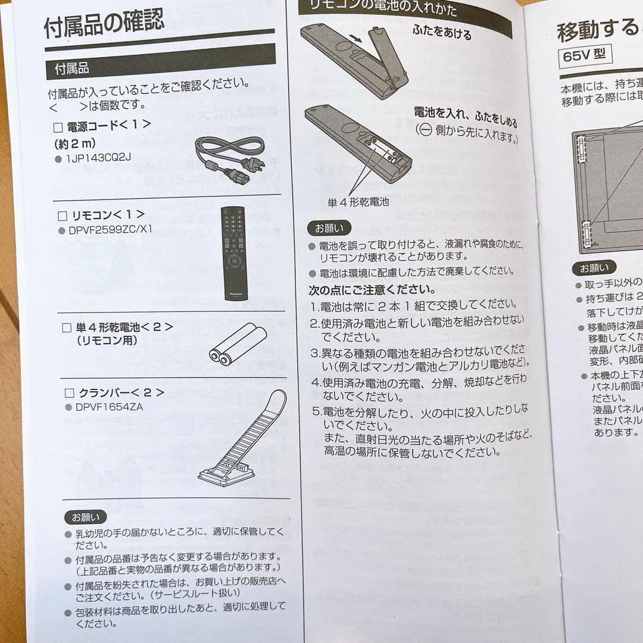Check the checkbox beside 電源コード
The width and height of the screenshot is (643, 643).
(58, 127)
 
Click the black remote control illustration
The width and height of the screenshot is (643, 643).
(233, 252)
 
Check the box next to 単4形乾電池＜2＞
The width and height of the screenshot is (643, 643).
(67, 327)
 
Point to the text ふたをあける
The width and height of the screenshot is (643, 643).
(441, 32)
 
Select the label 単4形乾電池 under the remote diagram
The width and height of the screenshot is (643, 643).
(358, 202)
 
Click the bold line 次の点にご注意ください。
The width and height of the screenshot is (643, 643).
(372, 290)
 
